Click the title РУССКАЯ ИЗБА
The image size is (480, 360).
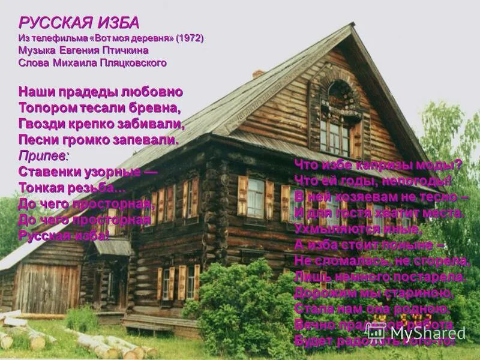(79, 23)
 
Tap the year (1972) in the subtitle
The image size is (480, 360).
(190, 38)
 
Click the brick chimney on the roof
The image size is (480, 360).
(258, 73)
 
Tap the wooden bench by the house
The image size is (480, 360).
(147, 328)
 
